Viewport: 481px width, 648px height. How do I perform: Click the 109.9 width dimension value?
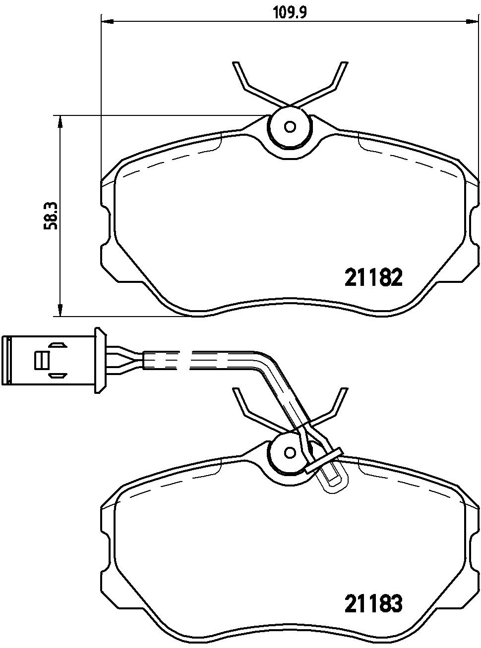[290, 12]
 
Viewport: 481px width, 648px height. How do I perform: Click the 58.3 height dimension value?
[51, 216]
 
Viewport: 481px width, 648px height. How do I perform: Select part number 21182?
[373, 277]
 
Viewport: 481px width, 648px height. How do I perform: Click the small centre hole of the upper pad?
[290, 127]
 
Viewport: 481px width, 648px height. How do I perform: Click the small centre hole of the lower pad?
[290, 452]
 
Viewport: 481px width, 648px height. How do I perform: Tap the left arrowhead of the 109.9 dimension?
[107, 21]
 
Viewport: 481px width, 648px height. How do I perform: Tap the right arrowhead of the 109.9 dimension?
[473, 21]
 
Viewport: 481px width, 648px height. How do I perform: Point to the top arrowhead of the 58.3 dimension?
[60, 121]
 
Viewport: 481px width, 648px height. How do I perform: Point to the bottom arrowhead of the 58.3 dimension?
[60, 310]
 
